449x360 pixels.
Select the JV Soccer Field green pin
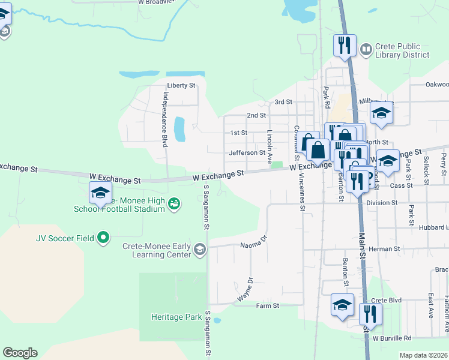103,238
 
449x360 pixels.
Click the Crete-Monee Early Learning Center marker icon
200,250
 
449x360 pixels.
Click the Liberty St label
181,86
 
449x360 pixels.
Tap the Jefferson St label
247,153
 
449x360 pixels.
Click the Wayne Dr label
246,289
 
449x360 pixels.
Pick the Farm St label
268,306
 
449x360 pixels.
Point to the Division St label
382,203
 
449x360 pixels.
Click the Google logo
20,352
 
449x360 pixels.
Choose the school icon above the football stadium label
100,192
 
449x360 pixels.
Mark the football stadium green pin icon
174,205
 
